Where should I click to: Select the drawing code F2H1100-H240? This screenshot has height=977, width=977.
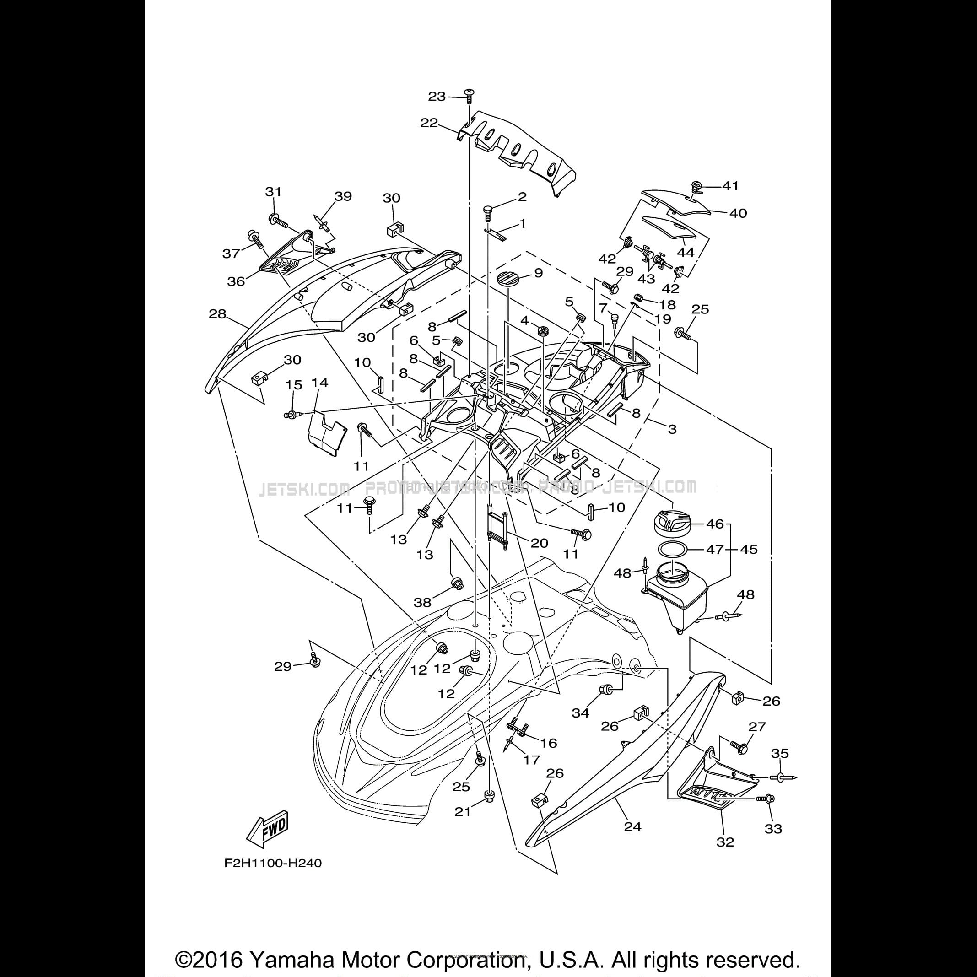[273, 863]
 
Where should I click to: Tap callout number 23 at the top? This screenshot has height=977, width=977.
[437, 96]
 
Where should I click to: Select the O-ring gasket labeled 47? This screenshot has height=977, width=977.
[673, 549]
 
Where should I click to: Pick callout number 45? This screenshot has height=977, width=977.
[749, 549]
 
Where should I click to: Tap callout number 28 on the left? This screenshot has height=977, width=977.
[217, 314]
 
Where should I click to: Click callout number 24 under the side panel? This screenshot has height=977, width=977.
[632, 826]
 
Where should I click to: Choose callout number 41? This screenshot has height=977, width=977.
[730, 186]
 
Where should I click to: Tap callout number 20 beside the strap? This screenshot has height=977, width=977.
[540, 543]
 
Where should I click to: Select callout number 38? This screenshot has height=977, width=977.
[423, 602]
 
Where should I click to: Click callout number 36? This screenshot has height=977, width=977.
[236, 281]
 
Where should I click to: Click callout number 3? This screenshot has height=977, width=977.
[672, 429]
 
